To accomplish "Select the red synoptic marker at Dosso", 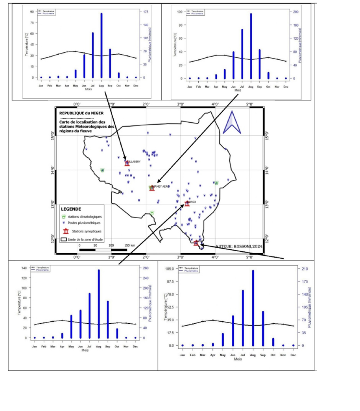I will point(187,203).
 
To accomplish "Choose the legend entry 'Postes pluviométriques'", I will point(84,223).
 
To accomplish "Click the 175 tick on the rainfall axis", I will point(146,12).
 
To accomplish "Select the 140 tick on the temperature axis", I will point(25,268).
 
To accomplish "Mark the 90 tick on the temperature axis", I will point(32,12).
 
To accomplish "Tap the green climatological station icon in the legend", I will point(66,216).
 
